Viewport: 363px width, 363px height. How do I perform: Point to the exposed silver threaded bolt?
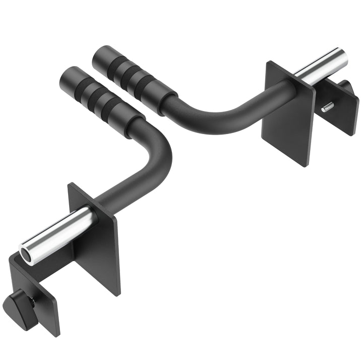(x=328, y=106)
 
